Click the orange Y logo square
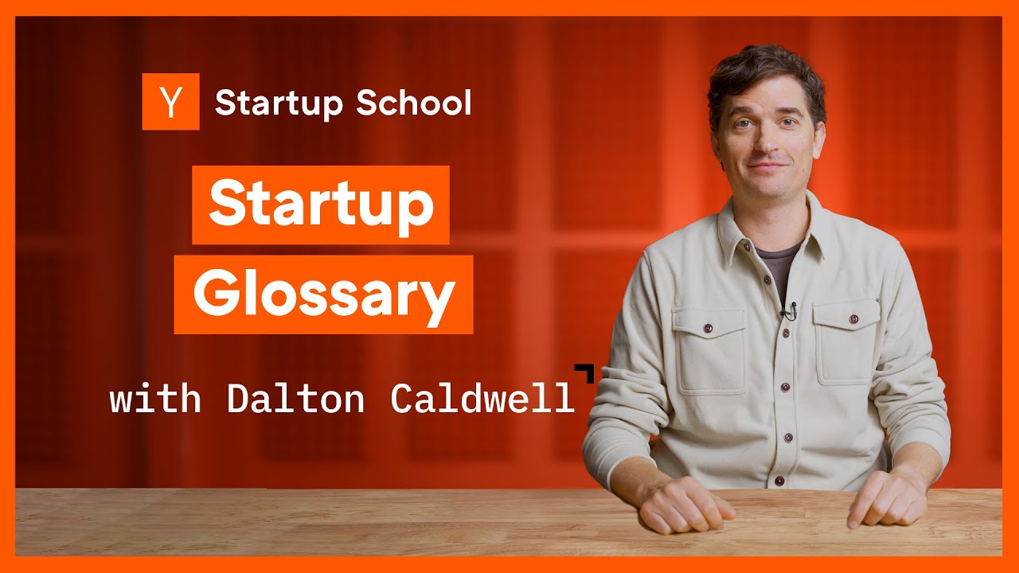coord(170,102)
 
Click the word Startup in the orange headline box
coord(320,205)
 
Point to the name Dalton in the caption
coord(295,399)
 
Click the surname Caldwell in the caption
coord(482,399)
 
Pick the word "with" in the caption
coord(155,399)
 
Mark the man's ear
coord(819,135)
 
